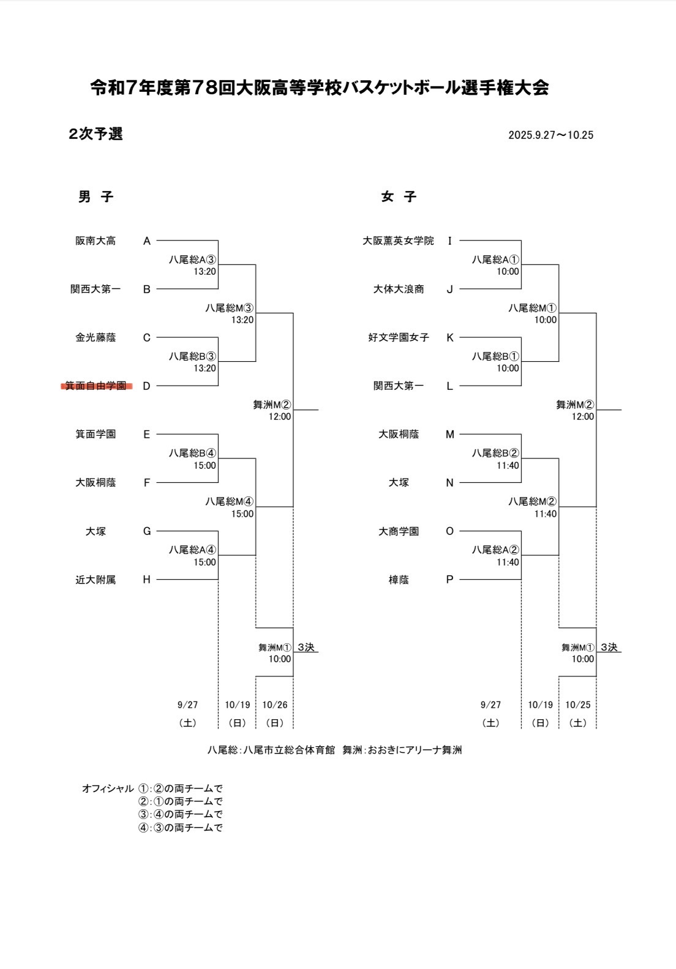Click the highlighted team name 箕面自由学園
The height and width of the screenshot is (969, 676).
coord(96,386)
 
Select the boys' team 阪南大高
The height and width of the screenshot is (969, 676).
coord(96,241)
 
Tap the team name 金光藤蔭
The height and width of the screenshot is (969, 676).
coord(96,337)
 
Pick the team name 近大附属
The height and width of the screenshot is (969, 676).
coord(96,580)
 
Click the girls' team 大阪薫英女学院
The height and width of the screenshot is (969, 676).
coord(398,241)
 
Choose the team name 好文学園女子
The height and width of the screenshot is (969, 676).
coord(399,337)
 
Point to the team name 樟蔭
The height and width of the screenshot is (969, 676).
coord(399,580)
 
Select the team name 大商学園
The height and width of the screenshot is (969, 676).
coord(399,531)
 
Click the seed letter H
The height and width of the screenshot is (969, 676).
coord(147,580)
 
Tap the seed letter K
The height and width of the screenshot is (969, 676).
coord(449,337)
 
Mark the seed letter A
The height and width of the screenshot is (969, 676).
coord(147,241)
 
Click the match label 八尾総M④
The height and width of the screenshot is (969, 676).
coord(230,502)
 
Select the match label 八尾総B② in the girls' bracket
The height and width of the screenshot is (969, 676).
coord(495,454)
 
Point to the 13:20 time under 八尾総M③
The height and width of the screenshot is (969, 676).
coord(242,320)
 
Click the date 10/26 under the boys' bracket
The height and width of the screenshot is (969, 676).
coord(275,705)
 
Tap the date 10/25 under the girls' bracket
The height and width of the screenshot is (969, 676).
coord(578,705)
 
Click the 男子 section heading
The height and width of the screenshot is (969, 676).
coord(96,197)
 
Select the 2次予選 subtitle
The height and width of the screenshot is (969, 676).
coord(96,134)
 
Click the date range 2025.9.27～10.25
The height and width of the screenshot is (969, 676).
coord(550,135)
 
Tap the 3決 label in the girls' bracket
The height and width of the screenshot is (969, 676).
coord(609,647)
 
